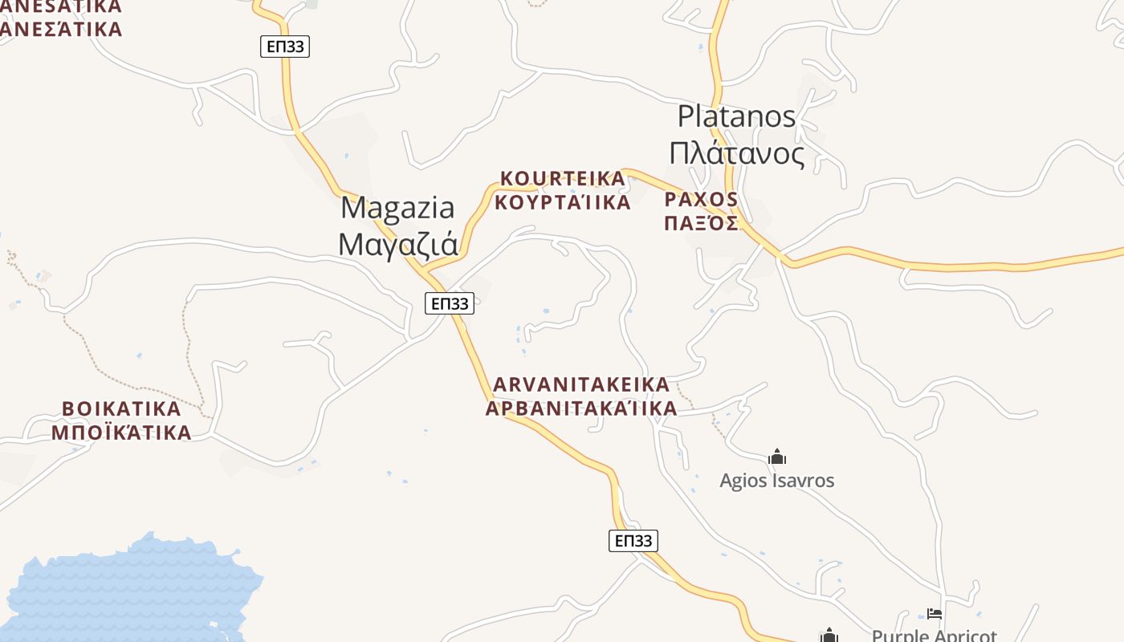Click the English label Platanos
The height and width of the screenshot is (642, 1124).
click(736, 117)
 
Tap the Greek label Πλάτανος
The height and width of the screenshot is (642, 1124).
click(736, 152)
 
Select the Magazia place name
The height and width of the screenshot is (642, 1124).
click(397, 208)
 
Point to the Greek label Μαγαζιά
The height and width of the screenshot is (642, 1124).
click(397, 244)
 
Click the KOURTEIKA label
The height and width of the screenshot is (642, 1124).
click(562, 177)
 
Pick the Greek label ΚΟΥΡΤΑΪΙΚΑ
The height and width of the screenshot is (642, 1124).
click(562, 202)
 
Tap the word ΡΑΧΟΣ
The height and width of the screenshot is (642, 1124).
click(701, 199)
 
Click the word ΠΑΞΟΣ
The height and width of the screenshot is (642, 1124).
click(701, 223)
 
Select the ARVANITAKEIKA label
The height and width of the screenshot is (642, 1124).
click(580, 384)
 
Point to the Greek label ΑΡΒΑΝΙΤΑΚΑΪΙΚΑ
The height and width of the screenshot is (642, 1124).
click(580, 408)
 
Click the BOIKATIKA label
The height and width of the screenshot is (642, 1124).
click(121, 408)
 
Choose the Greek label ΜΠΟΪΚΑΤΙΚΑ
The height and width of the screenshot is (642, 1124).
click(121, 433)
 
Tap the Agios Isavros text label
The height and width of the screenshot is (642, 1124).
click(776, 481)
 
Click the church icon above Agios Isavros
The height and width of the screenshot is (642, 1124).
click(776, 457)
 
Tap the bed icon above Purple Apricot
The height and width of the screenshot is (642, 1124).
click(934, 614)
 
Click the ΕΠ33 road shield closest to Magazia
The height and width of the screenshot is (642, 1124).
click(449, 303)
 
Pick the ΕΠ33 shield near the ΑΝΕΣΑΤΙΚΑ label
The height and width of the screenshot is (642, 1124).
click(285, 47)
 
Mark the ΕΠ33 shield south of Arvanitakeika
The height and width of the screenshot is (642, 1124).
click(633, 541)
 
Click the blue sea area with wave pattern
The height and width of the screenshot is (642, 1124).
click(128, 594)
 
